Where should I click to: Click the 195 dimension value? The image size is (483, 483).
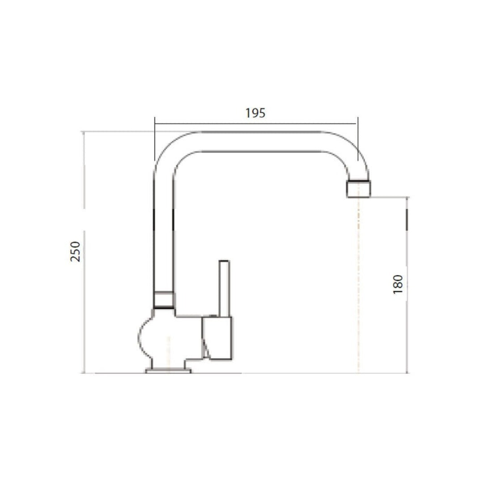click(x=255, y=113)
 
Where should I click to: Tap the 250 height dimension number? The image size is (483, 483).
click(x=76, y=251)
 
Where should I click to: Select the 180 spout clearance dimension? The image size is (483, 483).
click(x=398, y=284)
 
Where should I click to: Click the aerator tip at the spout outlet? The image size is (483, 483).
click(x=359, y=188)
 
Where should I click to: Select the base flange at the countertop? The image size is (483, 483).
click(x=168, y=370)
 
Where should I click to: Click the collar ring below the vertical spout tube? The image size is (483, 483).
click(x=164, y=299)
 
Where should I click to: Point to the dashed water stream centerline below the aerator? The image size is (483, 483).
click(x=358, y=286)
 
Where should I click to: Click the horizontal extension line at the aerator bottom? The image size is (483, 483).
click(x=389, y=197)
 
